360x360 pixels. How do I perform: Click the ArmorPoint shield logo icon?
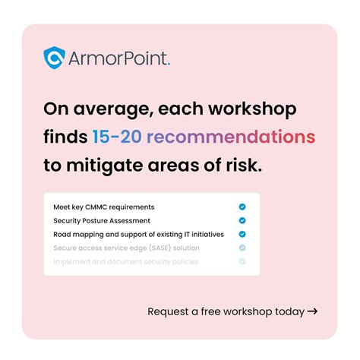pos(55,57)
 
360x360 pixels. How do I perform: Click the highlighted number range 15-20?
pos(115,137)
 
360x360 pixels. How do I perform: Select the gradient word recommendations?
pos(231,137)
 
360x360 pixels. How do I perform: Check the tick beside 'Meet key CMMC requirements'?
pos(242,207)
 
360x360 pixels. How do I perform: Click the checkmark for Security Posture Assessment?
pos(242,220)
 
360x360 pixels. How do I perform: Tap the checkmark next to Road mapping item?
pos(242,234)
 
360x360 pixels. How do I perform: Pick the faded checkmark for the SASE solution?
pos(242,248)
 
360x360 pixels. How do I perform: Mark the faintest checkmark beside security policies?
pos(242,261)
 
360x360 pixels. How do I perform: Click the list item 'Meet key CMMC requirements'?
pos(103,207)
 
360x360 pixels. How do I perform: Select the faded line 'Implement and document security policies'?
pos(125,261)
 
